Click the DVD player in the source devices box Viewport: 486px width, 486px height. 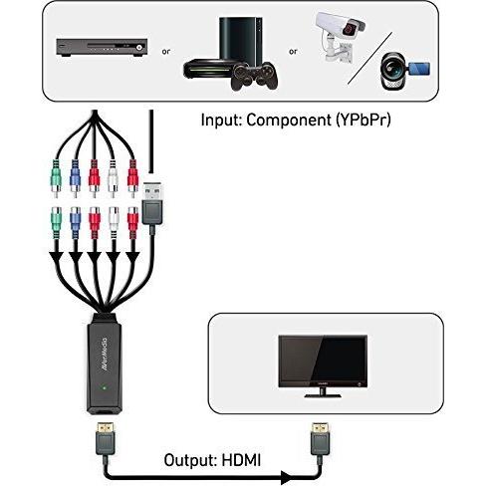click(x=102, y=47)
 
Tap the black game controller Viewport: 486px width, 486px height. click(x=255, y=77)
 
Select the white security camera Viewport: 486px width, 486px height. click(x=340, y=37)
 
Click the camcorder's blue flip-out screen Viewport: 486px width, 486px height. click(x=418, y=69)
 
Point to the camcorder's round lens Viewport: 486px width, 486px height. click(x=392, y=67)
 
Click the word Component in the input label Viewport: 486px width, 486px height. click(x=289, y=121)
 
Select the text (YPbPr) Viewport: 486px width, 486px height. click(x=364, y=121)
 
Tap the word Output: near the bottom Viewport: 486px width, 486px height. click(x=190, y=460)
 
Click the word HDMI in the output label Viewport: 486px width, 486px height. click(x=241, y=460)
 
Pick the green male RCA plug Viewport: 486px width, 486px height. click(x=56, y=178)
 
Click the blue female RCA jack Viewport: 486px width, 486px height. click(x=75, y=222)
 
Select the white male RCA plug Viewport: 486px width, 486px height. click(x=114, y=178)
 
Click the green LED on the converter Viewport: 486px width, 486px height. click(x=105, y=387)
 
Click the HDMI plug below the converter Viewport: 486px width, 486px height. click(x=106, y=440)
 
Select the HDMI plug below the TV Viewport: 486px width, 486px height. click(x=320, y=440)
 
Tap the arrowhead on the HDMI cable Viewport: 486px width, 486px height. click(x=287, y=477)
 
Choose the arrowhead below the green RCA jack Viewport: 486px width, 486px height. click(x=57, y=258)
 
